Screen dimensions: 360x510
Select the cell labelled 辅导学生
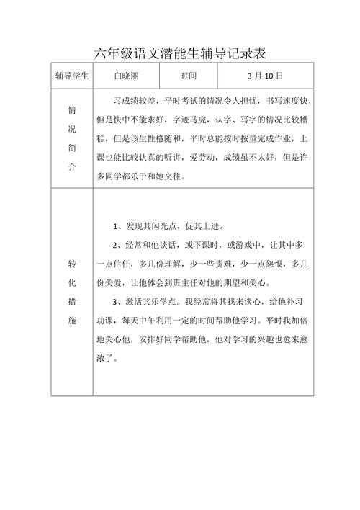(x=71, y=75)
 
